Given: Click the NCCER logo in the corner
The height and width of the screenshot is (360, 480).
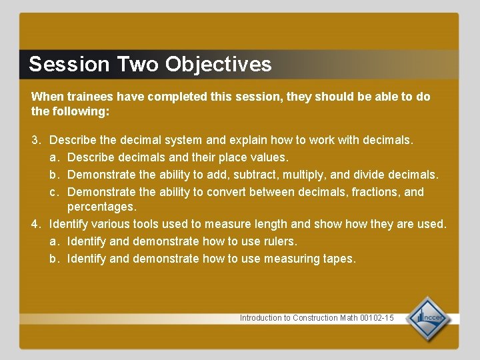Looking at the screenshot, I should [x=429, y=319].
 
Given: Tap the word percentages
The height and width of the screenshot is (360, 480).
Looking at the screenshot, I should [x=101, y=208].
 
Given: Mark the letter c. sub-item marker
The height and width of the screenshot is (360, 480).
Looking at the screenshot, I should [x=55, y=192].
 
